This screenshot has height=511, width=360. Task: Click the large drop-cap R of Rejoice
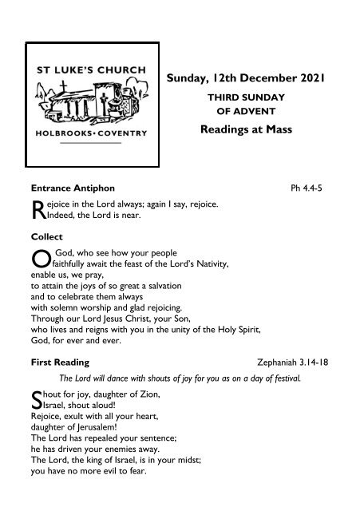tap(34, 210)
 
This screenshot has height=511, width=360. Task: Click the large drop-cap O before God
tap(36, 259)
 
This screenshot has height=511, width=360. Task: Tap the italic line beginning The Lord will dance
tap(180, 378)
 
